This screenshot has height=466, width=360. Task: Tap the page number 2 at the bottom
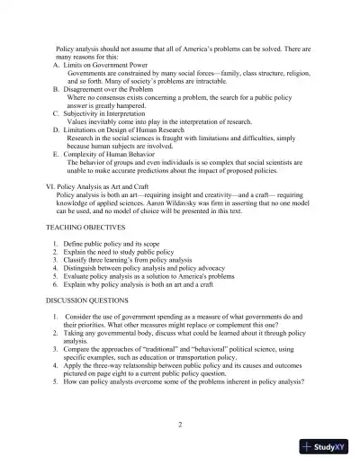coord(180,423)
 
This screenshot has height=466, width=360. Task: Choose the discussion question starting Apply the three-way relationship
coord(180,370)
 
